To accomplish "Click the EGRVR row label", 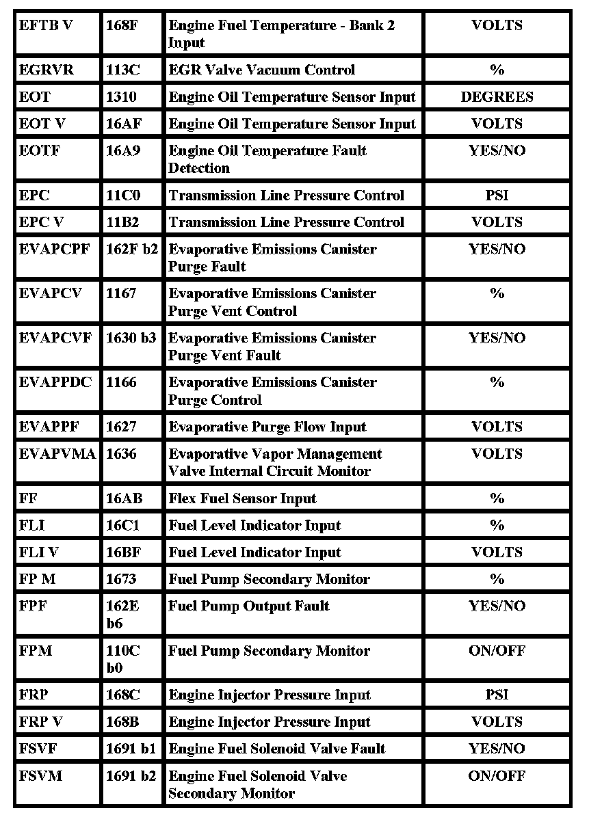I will [x=46, y=70].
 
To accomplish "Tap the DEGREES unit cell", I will [x=497, y=97].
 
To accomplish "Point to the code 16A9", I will [x=123, y=151].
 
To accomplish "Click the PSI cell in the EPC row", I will [x=497, y=196].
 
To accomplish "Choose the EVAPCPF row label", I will [x=54, y=250].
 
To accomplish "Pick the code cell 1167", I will [x=121, y=294].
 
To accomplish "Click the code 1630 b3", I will [x=131, y=338].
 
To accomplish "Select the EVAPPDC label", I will [x=55, y=383].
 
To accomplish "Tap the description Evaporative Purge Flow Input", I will [x=267, y=427].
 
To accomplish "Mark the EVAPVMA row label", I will [x=57, y=454].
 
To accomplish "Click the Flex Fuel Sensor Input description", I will [x=242, y=498].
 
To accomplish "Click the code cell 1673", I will [x=121, y=580].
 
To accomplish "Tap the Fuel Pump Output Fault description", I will [x=249, y=606].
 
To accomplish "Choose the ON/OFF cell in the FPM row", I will [x=497, y=651].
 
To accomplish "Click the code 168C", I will [x=123, y=695].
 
